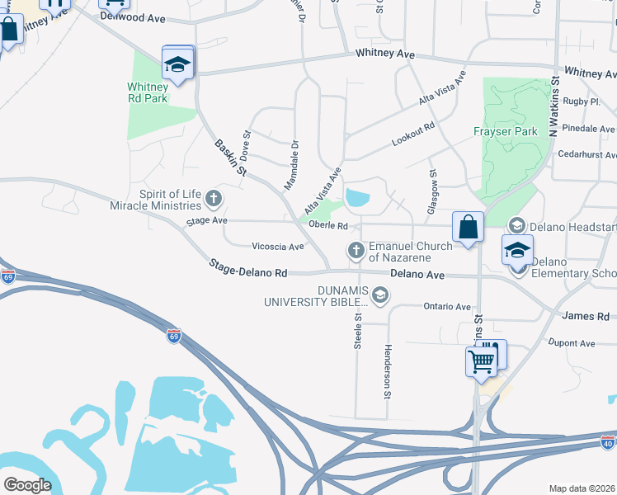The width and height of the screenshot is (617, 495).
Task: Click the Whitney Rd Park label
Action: tap(148, 92)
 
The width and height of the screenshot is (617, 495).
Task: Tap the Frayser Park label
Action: tap(505, 131)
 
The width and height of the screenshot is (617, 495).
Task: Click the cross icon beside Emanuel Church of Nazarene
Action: tap(356, 249)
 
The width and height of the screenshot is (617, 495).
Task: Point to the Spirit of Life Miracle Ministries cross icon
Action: tap(214, 198)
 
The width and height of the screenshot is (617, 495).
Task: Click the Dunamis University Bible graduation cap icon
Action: tap(380, 295)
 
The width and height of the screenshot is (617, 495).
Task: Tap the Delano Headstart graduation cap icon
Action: tap(517, 225)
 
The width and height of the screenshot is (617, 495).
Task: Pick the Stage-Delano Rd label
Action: tap(247, 268)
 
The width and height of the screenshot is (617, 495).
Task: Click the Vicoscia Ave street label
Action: tap(278, 247)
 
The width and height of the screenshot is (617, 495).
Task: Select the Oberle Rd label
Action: tap(328, 225)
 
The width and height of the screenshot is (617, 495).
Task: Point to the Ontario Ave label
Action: tap(447, 307)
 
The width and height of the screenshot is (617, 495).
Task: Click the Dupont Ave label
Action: tap(572, 343)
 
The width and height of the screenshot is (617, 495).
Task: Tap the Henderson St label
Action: tap(386, 371)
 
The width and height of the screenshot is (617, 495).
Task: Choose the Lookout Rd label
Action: tap(412, 135)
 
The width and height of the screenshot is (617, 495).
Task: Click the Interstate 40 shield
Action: tap(607, 444)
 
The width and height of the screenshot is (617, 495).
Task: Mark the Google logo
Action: tap(27, 485)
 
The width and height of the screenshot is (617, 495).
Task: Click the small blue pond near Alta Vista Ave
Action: tap(358, 198)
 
